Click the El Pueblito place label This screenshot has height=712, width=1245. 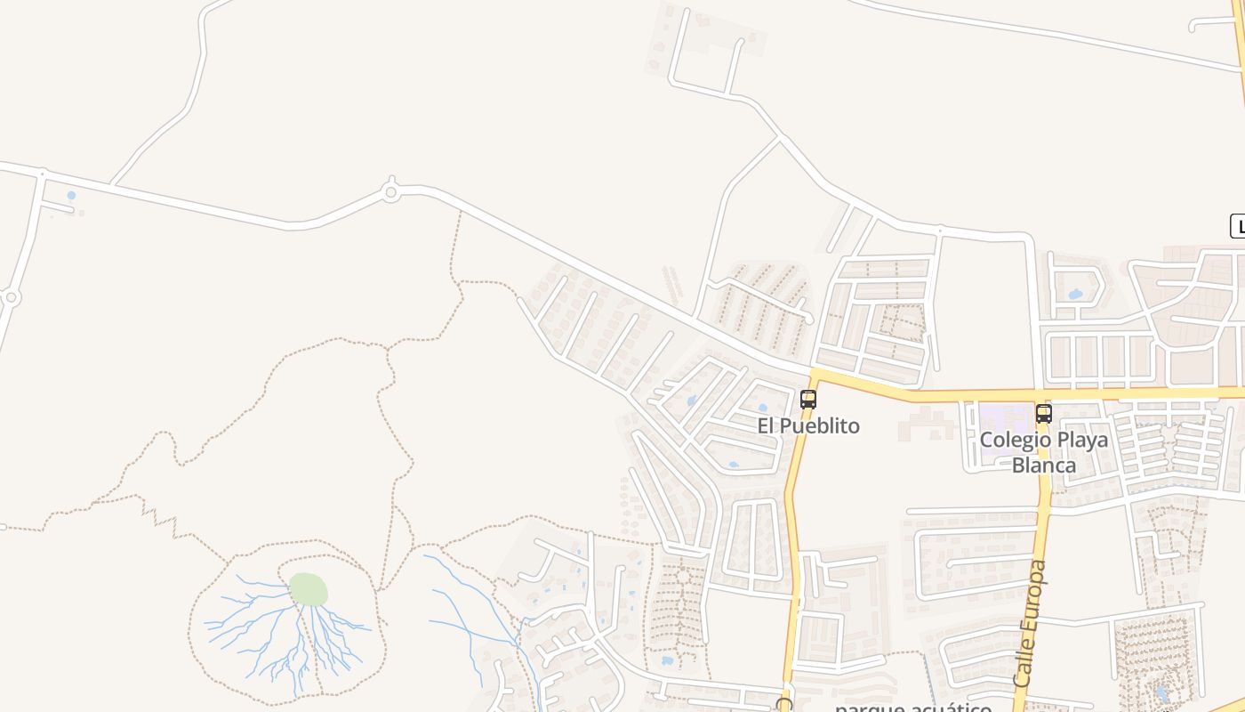pyautogui.click(x=808, y=425)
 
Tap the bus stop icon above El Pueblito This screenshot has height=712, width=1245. pyautogui.click(x=807, y=400)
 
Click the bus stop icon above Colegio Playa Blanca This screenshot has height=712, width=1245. pyautogui.click(x=1043, y=414)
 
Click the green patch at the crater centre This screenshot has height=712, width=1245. pyautogui.click(x=309, y=589)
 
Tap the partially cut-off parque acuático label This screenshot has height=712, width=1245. pyautogui.click(x=912, y=707)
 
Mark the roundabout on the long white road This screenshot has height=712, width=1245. pyautogui.click(x=390, y=191)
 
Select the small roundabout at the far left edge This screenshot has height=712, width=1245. pyautogui.click(x=11, y=297)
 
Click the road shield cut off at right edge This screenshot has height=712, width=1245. pyautogui.click(x=1237, y=226)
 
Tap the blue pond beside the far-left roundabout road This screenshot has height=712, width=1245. pyautogui.click(x=71, y=195)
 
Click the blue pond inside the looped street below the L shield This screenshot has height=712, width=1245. pyautogui.click(x=1075, y=293)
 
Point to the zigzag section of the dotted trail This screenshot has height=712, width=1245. pyautogui.click(x=169, y=522)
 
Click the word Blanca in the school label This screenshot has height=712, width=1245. pyautogui.click(x=1044, y=465)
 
